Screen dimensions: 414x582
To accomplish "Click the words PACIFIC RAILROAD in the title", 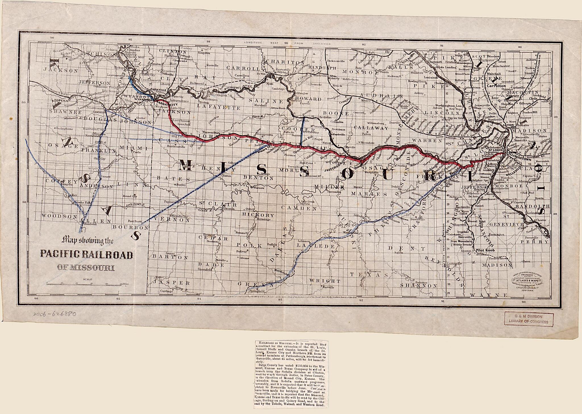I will coord(86,254).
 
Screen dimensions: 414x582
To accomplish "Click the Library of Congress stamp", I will coord(529,319).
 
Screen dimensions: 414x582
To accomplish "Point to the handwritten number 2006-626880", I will coord(54,314).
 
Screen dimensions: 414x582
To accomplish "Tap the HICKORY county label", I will coord(257,215).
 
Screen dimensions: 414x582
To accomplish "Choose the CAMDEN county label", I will coord(299,208).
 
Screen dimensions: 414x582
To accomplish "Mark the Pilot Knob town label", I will coord(485,250).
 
